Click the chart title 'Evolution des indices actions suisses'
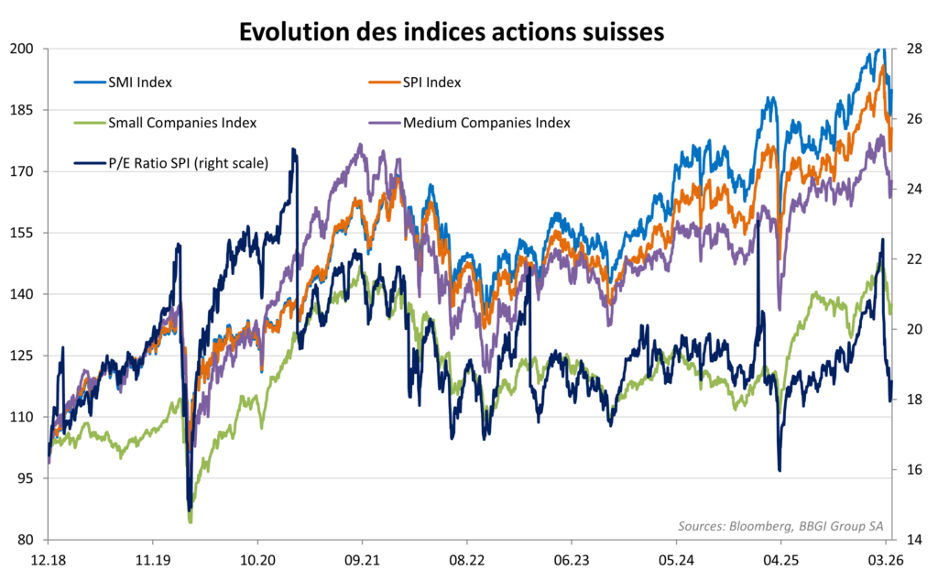(x=451, y=31)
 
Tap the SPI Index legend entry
(x=432, y=82)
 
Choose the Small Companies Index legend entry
(x=181, y=123)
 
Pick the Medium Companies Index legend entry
(x=486, y=123)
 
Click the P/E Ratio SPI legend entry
(x=187, y=164)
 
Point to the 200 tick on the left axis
(x=22, y=48)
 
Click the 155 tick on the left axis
(x=22, y=233)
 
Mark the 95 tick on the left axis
(x=25, y=478)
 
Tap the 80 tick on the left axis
(x=25, y=540)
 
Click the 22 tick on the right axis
(x=912, y=258)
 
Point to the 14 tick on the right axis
(x=912, y=540)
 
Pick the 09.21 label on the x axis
(x=362, y=560)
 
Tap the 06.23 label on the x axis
(x=571, y=560)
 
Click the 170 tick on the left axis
(x=22, y=171)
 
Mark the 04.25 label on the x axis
(x=780, y=560)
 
